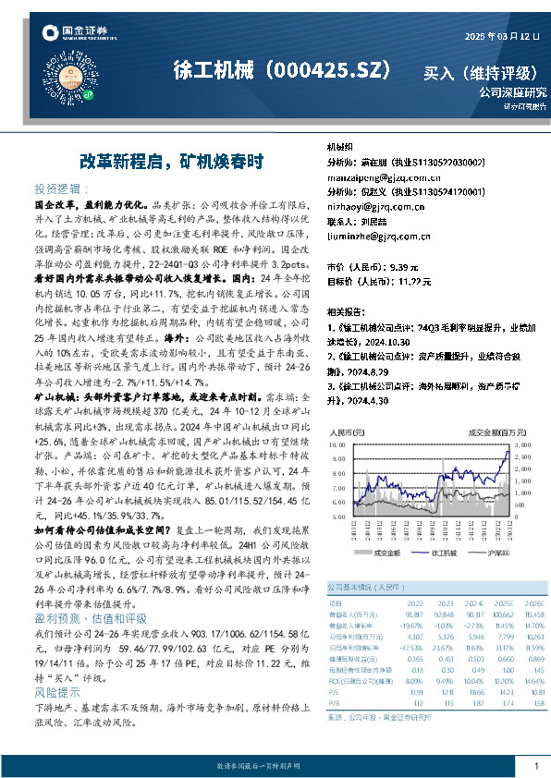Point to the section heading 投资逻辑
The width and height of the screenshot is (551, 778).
pos(59,186)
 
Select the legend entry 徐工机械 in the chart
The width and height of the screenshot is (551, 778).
pos(424,552)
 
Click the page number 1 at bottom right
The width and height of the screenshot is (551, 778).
pos(535,766)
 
